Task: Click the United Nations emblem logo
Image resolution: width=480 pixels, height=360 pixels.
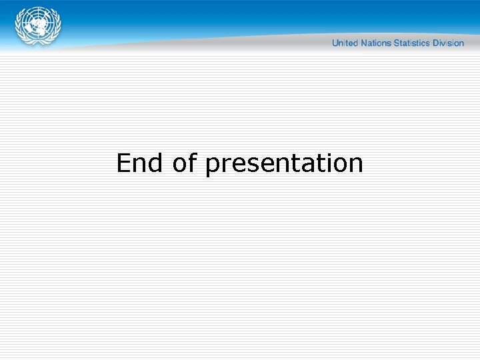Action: [38, 26]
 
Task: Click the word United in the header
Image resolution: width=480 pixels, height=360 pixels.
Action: [345, 43]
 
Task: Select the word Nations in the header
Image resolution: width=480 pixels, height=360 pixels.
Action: [375, 43]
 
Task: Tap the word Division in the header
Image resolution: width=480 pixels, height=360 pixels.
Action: [448, 43]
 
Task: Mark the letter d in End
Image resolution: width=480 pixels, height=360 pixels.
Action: [156, 163]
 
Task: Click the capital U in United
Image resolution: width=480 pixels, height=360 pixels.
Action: [335, 43]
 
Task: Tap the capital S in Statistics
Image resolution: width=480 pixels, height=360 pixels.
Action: [397, 43]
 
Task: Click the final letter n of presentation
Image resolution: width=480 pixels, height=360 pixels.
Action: [356, 165]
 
